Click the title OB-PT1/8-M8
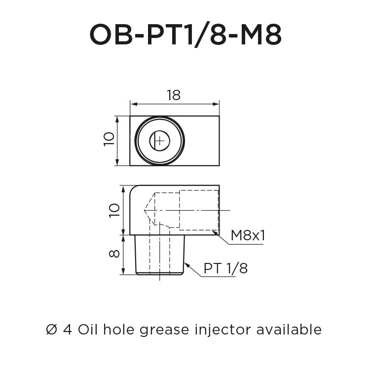pos(185,35)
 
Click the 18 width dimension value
pos(173,95)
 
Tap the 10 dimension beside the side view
pos(114,210)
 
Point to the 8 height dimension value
pos(114,254)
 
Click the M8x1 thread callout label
pos(248,236)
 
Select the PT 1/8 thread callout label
pos(225,269)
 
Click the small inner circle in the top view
pos(159,141)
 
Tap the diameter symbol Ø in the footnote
pos(52,329)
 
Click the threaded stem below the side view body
pos(160,254)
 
